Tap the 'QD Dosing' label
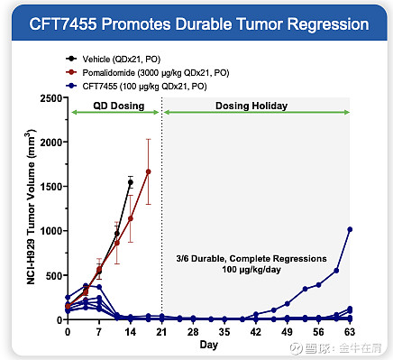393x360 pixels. (114, 106)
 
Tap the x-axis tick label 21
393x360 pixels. (161, 331)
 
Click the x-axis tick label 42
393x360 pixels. (255, 331)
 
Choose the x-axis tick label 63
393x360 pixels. (349, 331)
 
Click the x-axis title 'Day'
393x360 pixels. (208, 346)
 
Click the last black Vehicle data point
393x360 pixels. (131, 182)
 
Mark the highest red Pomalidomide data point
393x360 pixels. (148, 171)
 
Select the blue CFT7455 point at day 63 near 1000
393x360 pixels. (350, 229)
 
